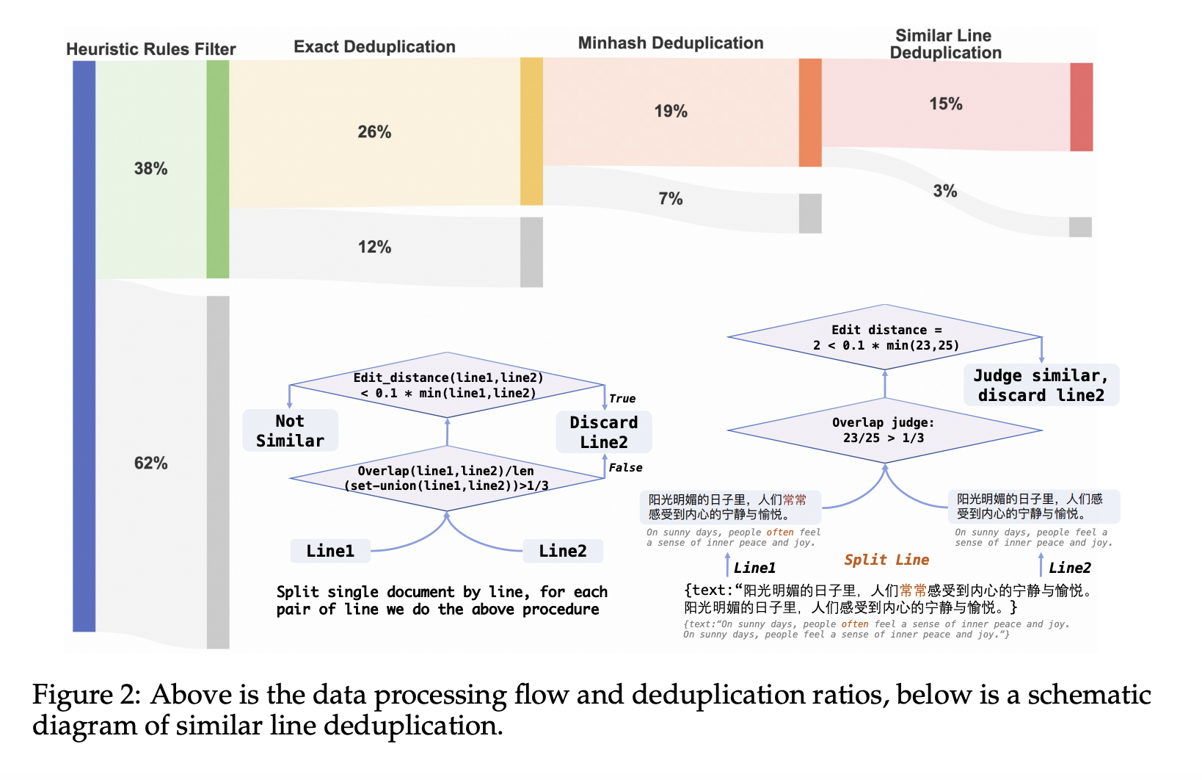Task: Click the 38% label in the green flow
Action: coord(150,169)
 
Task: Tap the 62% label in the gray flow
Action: coord(150,463)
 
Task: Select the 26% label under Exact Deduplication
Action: coord(374,132)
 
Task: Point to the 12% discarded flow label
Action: coord(374,248)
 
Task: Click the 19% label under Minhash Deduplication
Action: coord(671,112)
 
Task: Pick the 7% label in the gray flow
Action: coord(671,199)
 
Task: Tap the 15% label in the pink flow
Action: coord(946,104)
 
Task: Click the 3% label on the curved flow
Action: coord(945,192)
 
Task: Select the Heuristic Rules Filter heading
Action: coord(150,49)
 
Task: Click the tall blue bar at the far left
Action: coord(84,345)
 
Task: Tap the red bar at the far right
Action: coord(1081,107)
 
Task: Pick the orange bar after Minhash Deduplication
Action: coord(810,112)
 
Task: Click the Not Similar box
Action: coord(290,431)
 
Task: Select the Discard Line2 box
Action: coord(604,433)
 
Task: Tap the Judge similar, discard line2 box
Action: coord(1041,386)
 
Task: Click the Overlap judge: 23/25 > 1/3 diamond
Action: coord(884,430)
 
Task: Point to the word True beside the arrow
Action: coord(622,399)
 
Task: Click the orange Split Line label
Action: coord(886,560)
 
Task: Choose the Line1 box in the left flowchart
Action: coord(330,551)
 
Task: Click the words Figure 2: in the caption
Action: coord(86,695)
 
